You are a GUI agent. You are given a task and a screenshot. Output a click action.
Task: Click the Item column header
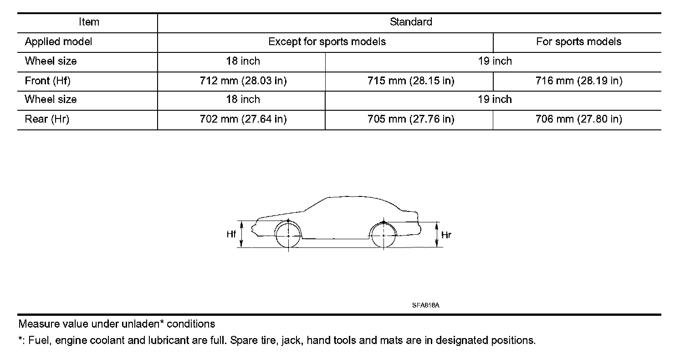point(88,22)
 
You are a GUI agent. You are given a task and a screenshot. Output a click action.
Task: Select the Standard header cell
point(410,22)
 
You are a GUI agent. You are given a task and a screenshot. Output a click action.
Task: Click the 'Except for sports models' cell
point(327,42)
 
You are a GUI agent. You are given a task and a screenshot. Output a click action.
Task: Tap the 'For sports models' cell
point(578,42)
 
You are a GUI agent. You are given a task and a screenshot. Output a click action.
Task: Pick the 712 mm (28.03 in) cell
point(243,81)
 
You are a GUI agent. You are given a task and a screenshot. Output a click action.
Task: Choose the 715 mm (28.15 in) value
point(410,81)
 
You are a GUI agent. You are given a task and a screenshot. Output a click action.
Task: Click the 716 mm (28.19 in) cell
point(578,81)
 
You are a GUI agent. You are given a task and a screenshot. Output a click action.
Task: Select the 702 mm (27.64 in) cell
point(243,119)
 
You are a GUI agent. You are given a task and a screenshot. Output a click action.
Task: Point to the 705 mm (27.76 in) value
point(410,119)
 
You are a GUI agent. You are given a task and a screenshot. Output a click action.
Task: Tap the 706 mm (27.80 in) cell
point(578,119)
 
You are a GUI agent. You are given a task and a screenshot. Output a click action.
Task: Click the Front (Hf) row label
point(47,81)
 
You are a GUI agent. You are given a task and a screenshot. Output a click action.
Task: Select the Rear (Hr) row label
point(46,119)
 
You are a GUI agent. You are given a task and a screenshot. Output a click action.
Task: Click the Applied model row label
point(58,42)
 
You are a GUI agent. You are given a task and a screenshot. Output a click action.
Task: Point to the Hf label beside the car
point(231,235)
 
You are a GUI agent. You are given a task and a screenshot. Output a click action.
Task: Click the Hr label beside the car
point(446,235)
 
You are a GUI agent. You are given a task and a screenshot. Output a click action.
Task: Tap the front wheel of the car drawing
point(289,236)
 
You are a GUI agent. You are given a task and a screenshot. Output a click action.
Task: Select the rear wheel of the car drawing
point(384,236)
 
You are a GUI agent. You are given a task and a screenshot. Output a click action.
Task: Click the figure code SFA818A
point(425,306)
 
